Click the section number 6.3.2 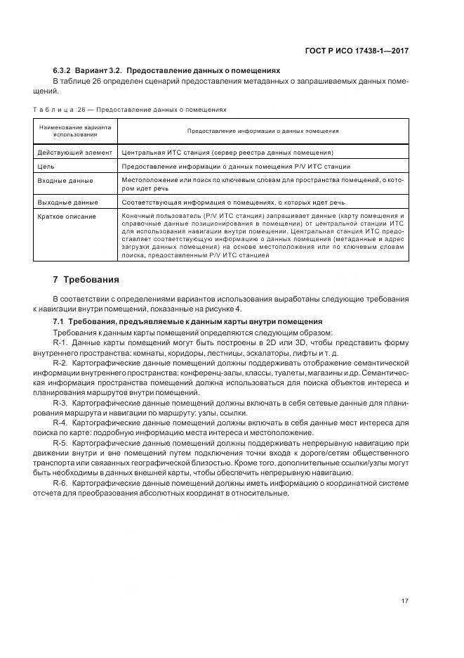tap(63, 71)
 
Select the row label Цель tap(46, 167)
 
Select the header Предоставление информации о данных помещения tap(263, 131)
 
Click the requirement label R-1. tap(60, 342)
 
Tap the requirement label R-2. tap(60, 362)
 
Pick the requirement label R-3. tap(60, 403)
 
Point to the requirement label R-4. tap(60, 424)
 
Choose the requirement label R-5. tap(60, 444)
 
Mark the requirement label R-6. tap(60, 484)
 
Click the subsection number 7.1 tap(59, 321)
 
